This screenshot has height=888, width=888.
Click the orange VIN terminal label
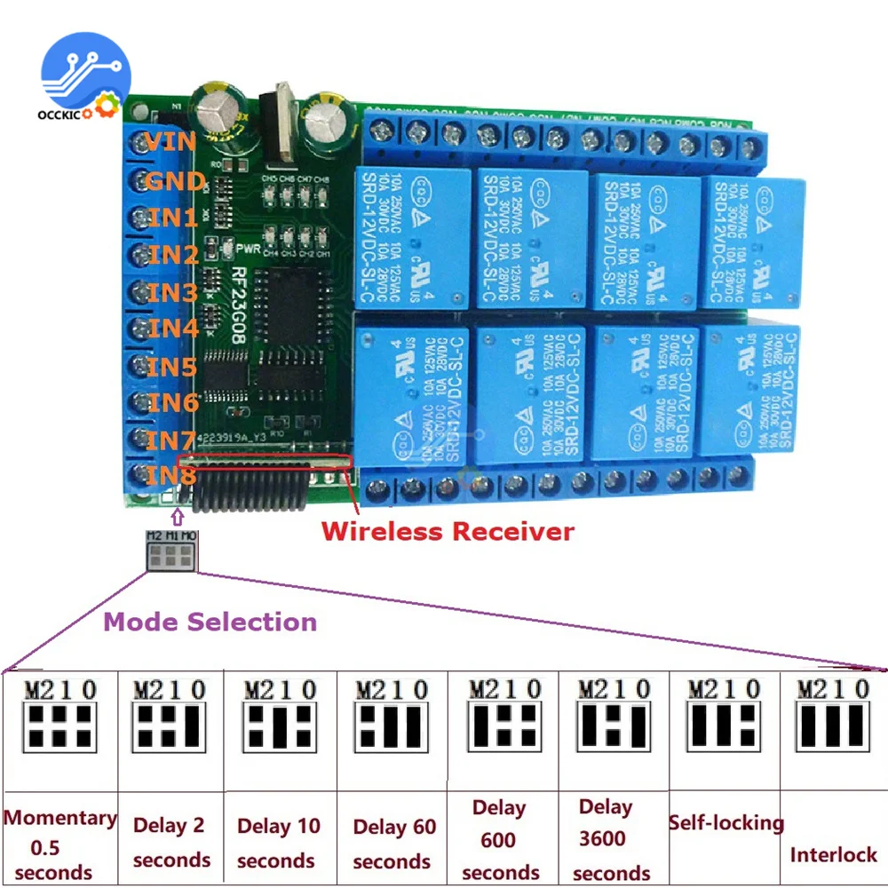[x=171, y=142]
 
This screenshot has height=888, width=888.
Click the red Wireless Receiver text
[x=448, y=532]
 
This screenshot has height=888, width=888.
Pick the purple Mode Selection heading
[x=210, y=622]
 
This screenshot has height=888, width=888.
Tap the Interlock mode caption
[x=833, y=855]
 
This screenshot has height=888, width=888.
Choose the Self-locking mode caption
[x=725, y=823]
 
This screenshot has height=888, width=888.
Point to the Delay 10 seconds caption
[x=278, y=844]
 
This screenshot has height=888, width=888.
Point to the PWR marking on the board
[x=248, y=250]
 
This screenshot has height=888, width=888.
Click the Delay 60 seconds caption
[x=393, y=844]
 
